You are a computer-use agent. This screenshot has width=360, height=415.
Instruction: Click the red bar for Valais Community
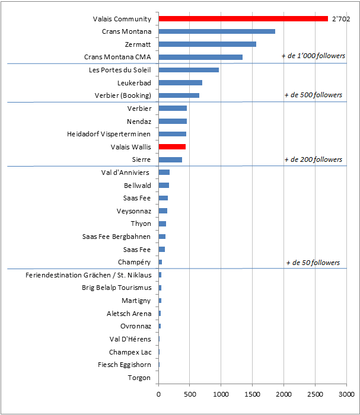click(x=243, y=19)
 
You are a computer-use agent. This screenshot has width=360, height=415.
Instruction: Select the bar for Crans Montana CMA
click(x=200, y=58)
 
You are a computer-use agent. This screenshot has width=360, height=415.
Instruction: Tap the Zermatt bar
click(x=208, y=44)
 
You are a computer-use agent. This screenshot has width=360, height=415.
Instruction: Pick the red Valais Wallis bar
click(x=172, y=146)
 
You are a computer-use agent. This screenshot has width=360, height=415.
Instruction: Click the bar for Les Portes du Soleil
click(x=189, y=70)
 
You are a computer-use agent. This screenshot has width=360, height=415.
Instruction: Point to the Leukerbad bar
click(x=180, y=83)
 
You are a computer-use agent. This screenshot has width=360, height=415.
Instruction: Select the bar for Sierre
click(x=170, y=159)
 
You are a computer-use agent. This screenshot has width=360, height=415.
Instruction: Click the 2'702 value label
click(x=340, y=19)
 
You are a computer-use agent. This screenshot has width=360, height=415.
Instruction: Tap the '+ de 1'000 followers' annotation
click(x=313, y=56)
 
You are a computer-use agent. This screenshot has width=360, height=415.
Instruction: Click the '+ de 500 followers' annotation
click(x=313, y=95)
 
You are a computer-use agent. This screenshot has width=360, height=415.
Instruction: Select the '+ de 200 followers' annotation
click(x=313, y=159)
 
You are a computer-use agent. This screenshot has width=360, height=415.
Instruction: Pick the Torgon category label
click(x=139, y=378)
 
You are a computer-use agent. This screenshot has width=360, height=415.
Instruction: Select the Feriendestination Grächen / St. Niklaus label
click(x=88, y=275)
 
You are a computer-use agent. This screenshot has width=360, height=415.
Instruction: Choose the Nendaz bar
click(x=173, y=121)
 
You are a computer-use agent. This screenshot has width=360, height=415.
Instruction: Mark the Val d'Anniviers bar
click(x=164, y=173)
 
